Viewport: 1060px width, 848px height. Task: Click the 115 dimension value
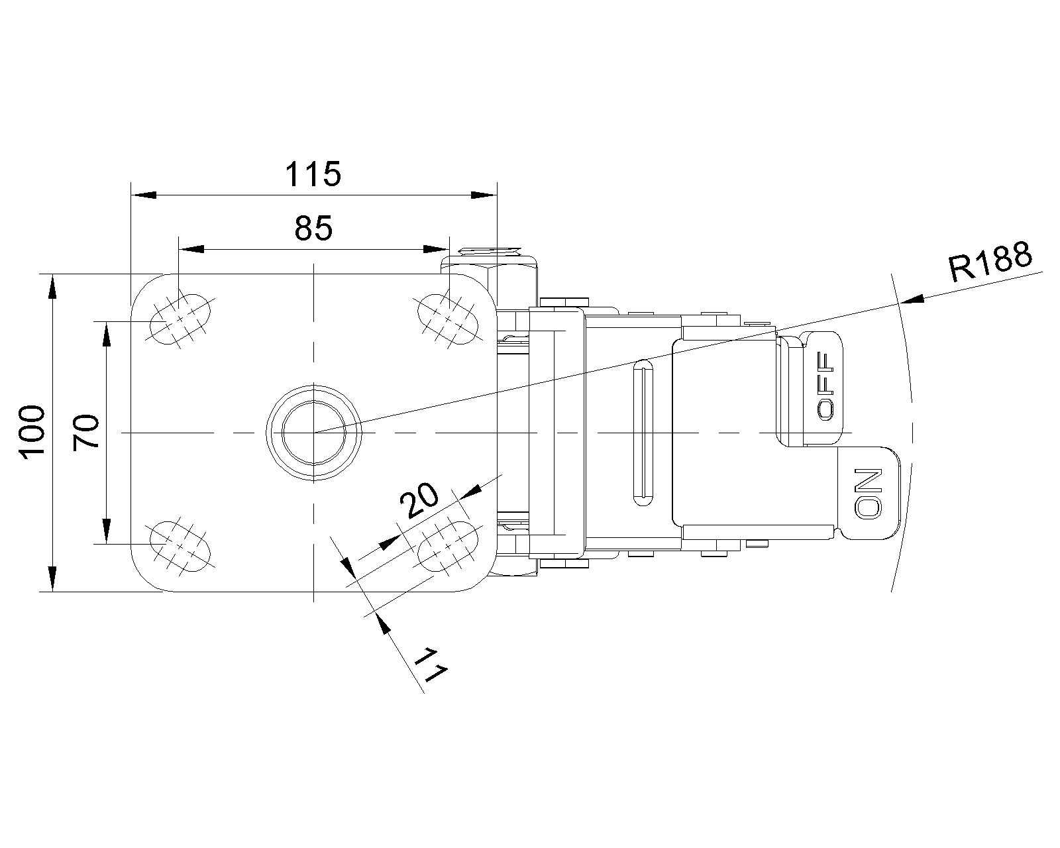point(313,174)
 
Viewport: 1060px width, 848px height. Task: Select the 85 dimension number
point(314,228)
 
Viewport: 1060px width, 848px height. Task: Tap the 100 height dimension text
point(32,433)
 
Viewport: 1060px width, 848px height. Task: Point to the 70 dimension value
point(86,433)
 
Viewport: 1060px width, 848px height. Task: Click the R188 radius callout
point(990,262)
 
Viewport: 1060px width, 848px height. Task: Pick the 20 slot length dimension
point(419,500)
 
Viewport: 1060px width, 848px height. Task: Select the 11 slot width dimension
point(429,665)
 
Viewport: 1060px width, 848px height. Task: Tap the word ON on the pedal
point(868,493)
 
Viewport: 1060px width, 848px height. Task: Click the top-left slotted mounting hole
point(180,319)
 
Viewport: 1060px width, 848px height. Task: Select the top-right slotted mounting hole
point(448,319)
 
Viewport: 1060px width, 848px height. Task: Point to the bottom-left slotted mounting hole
point(180,547)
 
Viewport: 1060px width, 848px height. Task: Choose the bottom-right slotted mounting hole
point(448,547)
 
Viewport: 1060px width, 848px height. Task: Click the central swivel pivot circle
point(314,433)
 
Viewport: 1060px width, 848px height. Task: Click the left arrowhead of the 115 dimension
point(143,195)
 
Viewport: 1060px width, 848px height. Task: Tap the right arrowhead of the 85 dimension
point(437,249)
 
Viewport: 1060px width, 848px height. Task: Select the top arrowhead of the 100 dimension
point(52,286)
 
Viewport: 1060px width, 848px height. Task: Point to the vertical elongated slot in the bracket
point(643,433)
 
